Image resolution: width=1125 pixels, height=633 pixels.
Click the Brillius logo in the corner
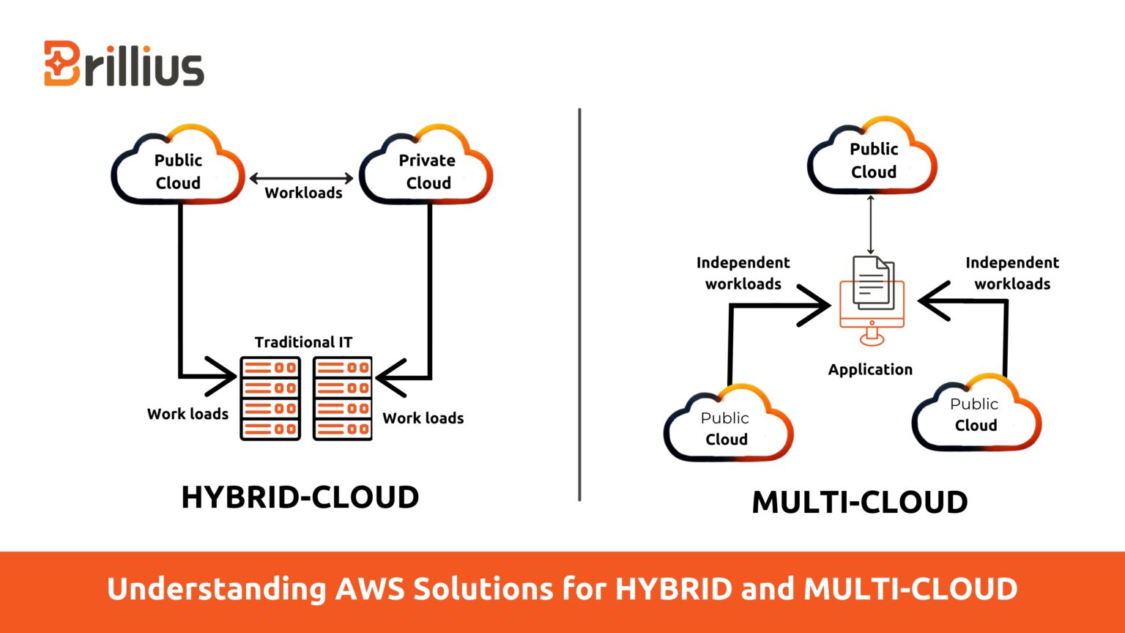pos(124,64)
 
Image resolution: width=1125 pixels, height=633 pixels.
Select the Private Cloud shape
pos(426,169)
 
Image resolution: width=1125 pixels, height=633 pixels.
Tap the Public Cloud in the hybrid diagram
pos(178,169)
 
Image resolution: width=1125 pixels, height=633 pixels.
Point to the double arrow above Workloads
pos(302,178)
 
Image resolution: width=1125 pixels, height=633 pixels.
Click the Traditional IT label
pos(303,342)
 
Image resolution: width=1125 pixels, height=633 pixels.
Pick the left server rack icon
pos(270,399)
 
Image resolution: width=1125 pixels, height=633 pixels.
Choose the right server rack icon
pos(342,399)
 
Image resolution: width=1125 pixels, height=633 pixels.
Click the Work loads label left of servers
pos(187,414)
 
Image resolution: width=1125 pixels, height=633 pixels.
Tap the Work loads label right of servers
pos(423,418)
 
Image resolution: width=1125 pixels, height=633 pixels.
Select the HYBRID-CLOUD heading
pos(300,497)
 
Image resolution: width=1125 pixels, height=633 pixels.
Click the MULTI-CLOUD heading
pos(860,503)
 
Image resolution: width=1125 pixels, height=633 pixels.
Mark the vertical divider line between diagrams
pos(579,304)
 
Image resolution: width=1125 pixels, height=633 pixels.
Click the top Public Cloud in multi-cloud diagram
pos(872,158)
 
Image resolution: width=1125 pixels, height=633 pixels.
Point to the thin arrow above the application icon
pos(871,224)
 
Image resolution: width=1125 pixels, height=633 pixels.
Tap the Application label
pos(870,370)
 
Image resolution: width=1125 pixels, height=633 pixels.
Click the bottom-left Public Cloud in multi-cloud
pos(727,426)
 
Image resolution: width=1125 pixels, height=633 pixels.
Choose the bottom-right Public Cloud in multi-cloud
pos(976,414)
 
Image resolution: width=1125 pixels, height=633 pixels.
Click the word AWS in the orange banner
pos(369,589)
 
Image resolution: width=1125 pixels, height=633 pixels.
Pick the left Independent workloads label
pos(743,273)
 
